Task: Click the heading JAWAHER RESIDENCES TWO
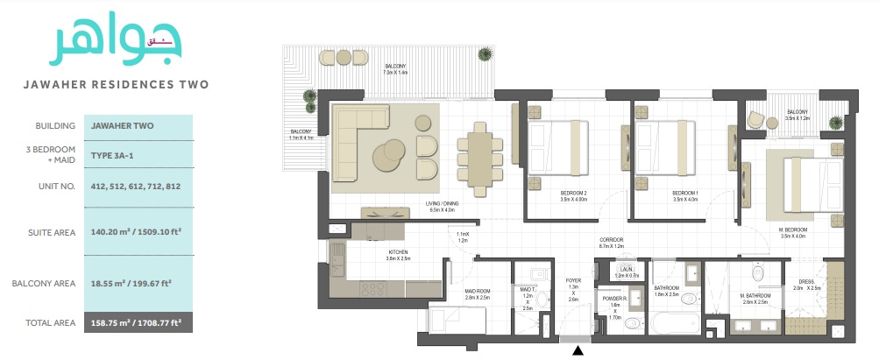pos(116,85)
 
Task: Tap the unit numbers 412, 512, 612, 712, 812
pos(135,186)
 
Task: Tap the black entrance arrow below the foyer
pos(578,351)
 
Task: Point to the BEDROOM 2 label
pos(573,194)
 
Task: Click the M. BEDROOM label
pos(792,230)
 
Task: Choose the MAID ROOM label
pos(477,295)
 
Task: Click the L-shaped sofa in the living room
pos(359,140)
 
